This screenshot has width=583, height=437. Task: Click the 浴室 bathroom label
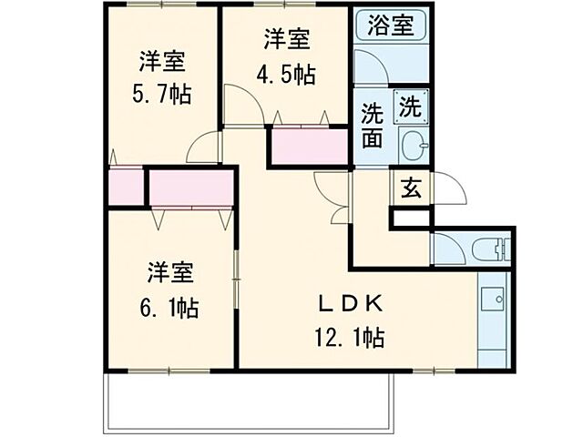point(391,25)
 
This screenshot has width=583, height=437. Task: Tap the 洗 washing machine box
point(410,107)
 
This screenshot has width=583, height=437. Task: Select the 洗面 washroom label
point(373,127)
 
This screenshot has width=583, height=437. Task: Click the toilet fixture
point(492,247)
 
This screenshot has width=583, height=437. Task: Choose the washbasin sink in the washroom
point(413,145)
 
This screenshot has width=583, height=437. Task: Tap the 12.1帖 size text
point(349,338)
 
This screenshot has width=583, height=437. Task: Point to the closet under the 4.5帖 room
point(308,147)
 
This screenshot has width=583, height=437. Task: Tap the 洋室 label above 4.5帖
point(287,40)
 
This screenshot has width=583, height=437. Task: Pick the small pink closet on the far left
point(125,186)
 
